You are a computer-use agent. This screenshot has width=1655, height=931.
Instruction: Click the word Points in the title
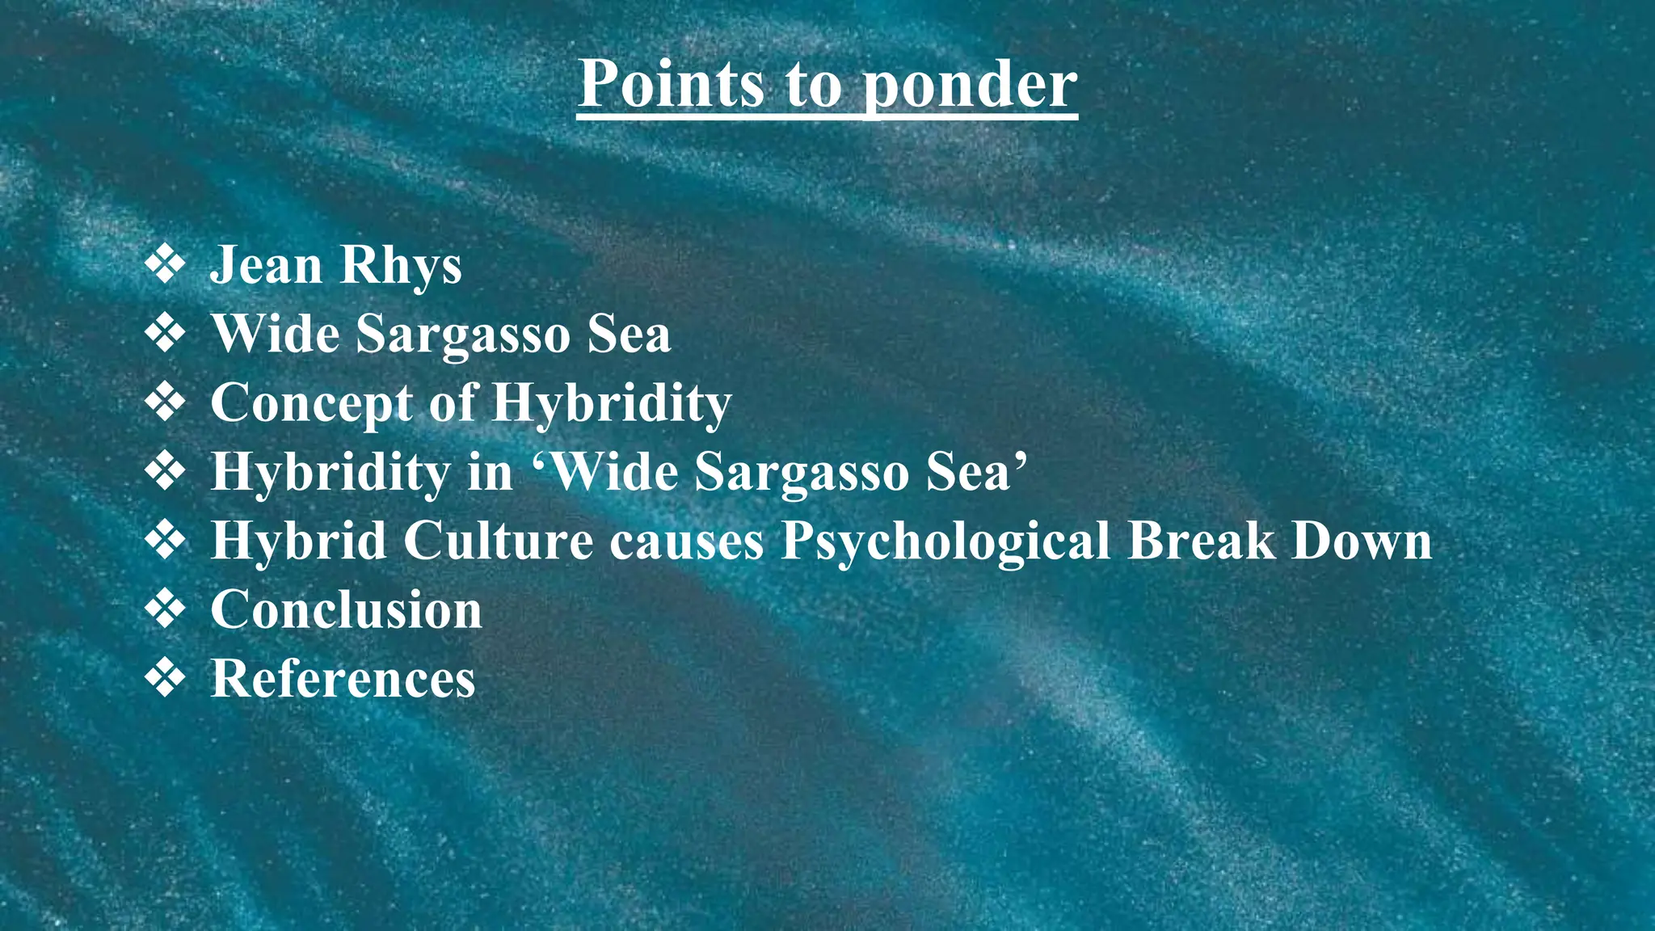click(x=672, y=83)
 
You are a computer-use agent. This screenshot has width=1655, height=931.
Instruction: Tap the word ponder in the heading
click(x=971, y=86)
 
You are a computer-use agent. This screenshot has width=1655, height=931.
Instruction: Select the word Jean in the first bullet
click(x=266, y=265)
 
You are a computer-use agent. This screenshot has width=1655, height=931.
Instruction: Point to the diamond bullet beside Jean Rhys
click(x=165, y=265)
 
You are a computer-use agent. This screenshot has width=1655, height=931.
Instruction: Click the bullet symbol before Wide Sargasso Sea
click(x=165, y=334)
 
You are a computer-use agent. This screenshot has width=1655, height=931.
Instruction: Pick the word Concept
click(x=312, y=403)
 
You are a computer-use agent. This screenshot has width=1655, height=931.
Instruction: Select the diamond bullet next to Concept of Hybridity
click(x=165, y=402)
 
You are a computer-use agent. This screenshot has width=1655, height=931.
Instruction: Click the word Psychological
click(x=945, y=541)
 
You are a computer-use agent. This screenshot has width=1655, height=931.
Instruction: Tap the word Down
click(x=1362, y=540)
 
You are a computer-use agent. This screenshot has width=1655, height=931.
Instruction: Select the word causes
click(x=687, y=541)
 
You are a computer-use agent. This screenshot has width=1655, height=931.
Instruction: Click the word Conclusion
click(x=346, y=609)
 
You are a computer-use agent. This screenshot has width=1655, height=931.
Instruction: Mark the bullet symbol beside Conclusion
click(x=165, y=609)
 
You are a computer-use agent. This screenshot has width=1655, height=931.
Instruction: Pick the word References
click(x=343, y=678)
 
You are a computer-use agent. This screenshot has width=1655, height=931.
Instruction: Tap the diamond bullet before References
click(x=165, y=677)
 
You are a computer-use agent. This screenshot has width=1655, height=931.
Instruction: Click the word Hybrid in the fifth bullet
click(x=298, y=540)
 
